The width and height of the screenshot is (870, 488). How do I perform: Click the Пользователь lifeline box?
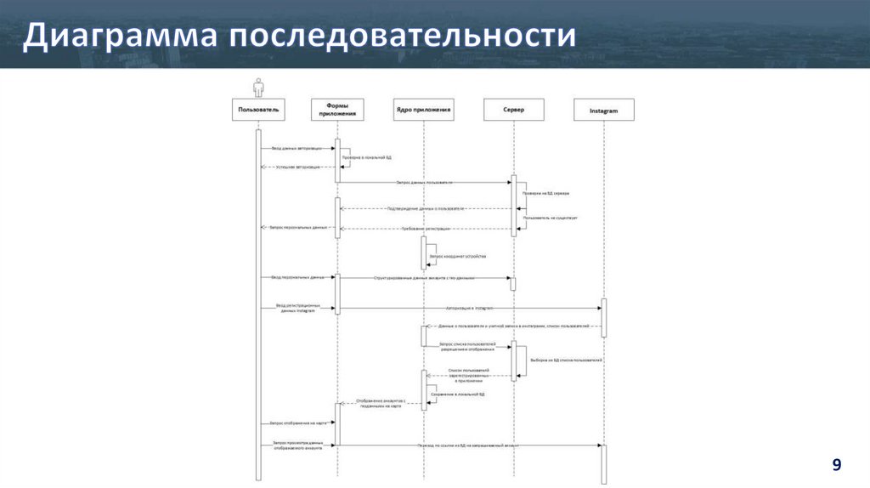(258, 110)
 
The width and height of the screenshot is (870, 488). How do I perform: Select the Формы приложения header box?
(337, 110)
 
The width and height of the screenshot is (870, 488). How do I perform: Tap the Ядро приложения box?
(423, 110)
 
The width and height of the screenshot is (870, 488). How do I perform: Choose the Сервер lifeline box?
(513, 110)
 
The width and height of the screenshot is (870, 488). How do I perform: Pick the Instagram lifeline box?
(604, 110)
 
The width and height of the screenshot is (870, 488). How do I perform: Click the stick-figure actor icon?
(258, 87)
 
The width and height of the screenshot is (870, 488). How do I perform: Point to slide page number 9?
(837, 464)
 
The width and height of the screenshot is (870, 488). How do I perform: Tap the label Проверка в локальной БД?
(367, 157)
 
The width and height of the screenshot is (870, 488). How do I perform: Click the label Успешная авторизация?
(298, 167)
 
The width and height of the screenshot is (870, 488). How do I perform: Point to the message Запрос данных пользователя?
(424, 182)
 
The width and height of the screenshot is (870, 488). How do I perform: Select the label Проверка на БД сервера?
(546, 193)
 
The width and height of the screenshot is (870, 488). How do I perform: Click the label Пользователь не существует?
(550, 218)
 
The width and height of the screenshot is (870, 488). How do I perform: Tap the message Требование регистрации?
(425, 229)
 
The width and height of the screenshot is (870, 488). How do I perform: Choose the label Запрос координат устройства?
(458, 256)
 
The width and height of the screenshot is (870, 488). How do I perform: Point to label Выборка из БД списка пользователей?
(566, 360)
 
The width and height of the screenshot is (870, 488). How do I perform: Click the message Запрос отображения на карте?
(298, 423)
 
